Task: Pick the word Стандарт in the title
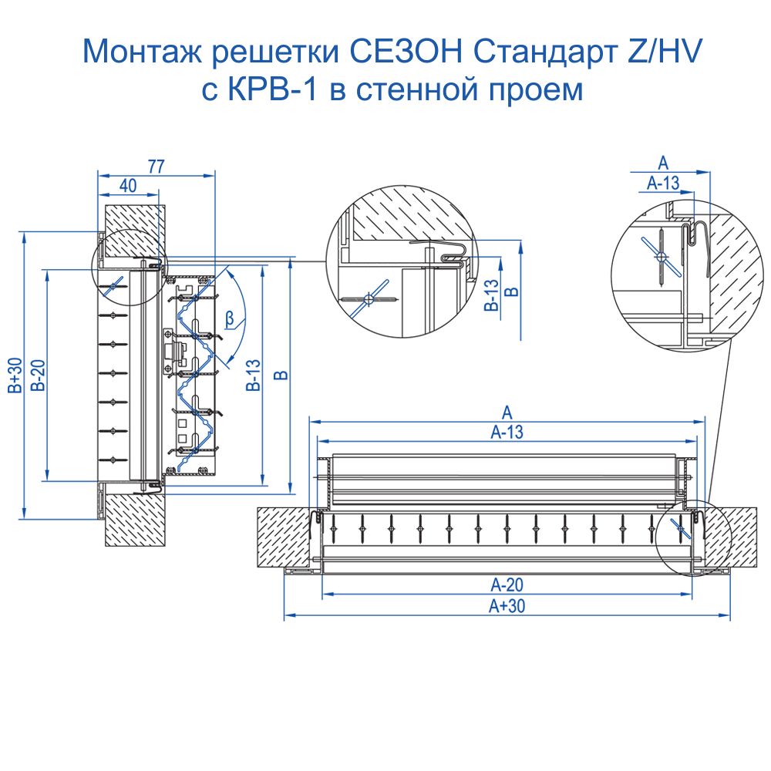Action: click(544, 52)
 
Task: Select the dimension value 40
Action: click(128, 185)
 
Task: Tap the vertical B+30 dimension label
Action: click(16, 375)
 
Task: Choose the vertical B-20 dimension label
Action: click(37, 375)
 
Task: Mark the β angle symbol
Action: click(230, 316)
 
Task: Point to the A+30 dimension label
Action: click(507, 606)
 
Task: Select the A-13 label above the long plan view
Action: click(507, 432)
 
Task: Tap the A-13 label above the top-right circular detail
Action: click(662, 183)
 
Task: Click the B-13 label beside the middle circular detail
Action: click(490, 296)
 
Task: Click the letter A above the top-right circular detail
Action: click(662, 162)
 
